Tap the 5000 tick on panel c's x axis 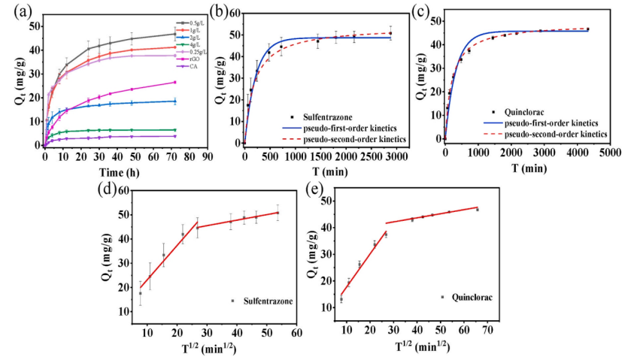(x=609, y=152)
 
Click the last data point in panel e (x=477, y=210)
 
